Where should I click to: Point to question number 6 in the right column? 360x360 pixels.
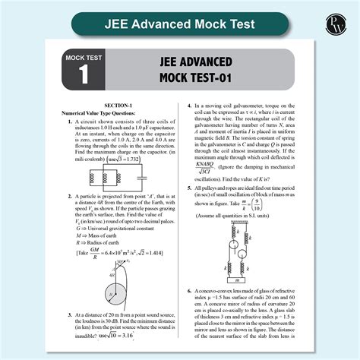click(188, 292)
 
